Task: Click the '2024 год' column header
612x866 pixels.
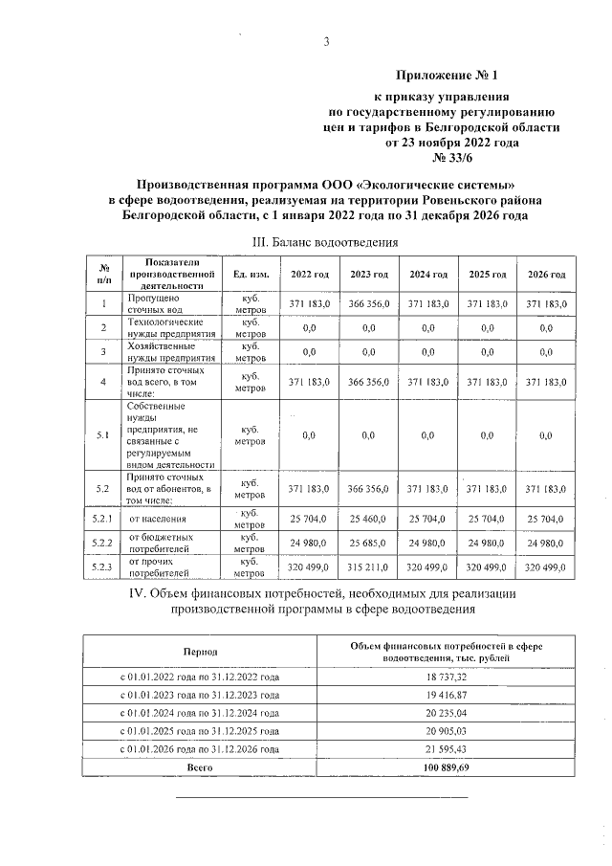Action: tap(428, 275)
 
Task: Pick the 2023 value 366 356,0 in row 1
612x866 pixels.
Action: tap(369, 303)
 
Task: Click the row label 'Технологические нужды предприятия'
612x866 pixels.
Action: tap(165, 328)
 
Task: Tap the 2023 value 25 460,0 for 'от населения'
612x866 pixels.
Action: tap(369, 519)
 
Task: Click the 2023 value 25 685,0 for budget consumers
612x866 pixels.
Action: tap(369, 544)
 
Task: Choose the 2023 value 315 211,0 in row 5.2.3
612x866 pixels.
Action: tap(369, 568)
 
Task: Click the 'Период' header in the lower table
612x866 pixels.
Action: tap(201, 651)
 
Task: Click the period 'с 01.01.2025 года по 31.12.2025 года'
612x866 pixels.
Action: tap(201, 730)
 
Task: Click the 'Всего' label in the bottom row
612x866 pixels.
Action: tap(201, 767)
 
